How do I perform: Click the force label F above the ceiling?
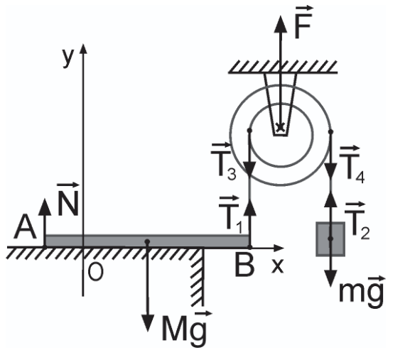tap(303, 22)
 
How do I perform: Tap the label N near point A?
tap(68, 199)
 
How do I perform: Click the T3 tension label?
tap(224, 162)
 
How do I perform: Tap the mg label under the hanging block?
tap(362, 292)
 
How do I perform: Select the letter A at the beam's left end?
tap(25, 227)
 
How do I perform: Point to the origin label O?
tap(96, 272)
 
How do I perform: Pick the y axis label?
tap(68, 58)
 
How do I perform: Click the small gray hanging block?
tap(330, 239)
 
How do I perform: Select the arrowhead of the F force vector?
tap(281, 24)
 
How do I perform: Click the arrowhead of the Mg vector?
tap(148, 323)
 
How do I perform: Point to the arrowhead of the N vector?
tap(45, 207)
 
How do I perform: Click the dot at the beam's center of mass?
tap(147, 241)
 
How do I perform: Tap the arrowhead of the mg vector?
tap(330, 278)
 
